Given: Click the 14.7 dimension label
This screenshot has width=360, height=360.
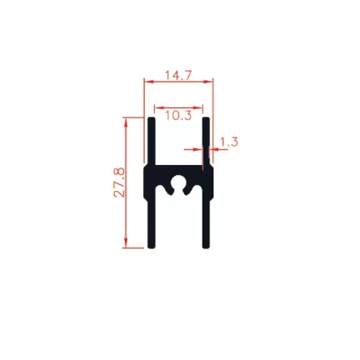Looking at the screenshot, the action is [178, 75].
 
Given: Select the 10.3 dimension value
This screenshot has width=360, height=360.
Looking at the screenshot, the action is [178, 116].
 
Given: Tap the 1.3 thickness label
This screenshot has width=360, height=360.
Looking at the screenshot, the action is [229, 142].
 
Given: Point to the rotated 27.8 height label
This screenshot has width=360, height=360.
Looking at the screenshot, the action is [120, 183].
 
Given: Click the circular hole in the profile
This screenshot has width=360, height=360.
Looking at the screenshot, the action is [178, 183].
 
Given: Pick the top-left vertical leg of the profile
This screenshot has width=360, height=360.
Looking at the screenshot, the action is [152, 141].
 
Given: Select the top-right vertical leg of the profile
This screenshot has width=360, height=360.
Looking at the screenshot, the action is [206, 141].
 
